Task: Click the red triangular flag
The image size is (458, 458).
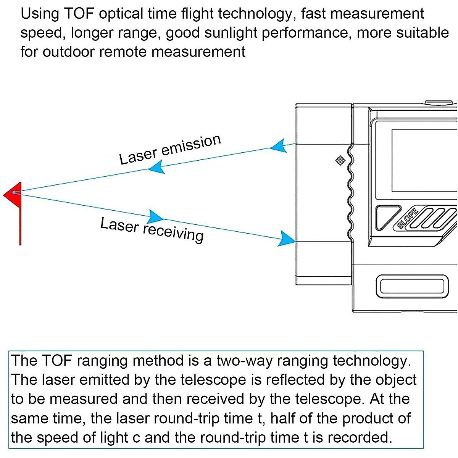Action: tap(13, 195)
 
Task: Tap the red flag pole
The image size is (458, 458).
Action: tap(20, 225)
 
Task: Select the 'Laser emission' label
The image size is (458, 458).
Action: tap(170, 149)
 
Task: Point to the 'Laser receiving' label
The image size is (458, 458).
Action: tap(152, 229)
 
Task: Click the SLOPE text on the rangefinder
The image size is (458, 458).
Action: tap(408, 218)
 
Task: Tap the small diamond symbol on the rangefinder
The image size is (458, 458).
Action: tap(340, 160)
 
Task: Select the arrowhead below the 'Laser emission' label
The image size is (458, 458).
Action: tap(156, 167)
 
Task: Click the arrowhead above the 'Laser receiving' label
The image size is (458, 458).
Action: tap(155, 216)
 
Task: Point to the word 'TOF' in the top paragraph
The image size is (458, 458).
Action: tap(79, 14)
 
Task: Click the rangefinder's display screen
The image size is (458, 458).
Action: tap(424, 160)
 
